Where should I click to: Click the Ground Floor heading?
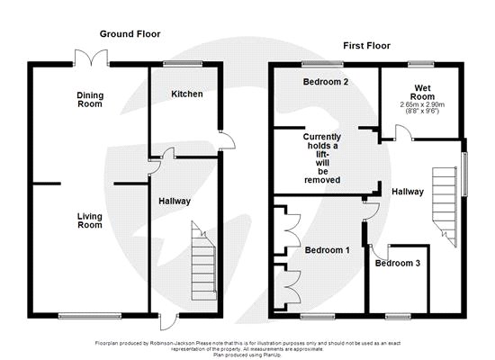[130, 34]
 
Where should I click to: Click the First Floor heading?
[367, 46]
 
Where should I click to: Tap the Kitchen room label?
[187, 94]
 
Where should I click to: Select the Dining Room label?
[90, 100]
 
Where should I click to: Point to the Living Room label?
[90, 220]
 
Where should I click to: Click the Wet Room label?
[422, 92]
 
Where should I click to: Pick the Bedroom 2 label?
[326, 82]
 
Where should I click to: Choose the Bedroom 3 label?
[398, 263]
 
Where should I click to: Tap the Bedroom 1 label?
[327, 250]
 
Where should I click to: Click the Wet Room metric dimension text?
[422, 104]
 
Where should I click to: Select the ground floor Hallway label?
[175, 202]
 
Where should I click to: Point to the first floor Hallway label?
[408, 192]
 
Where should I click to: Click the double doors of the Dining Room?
[92, 58]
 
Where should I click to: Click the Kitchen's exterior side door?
[227, 140]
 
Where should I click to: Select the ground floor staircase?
[203, 260]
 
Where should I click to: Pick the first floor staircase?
[445, 207]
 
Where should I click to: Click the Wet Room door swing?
[403, 132]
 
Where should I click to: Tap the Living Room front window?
[90, 316]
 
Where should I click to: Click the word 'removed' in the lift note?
[322, 180]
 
